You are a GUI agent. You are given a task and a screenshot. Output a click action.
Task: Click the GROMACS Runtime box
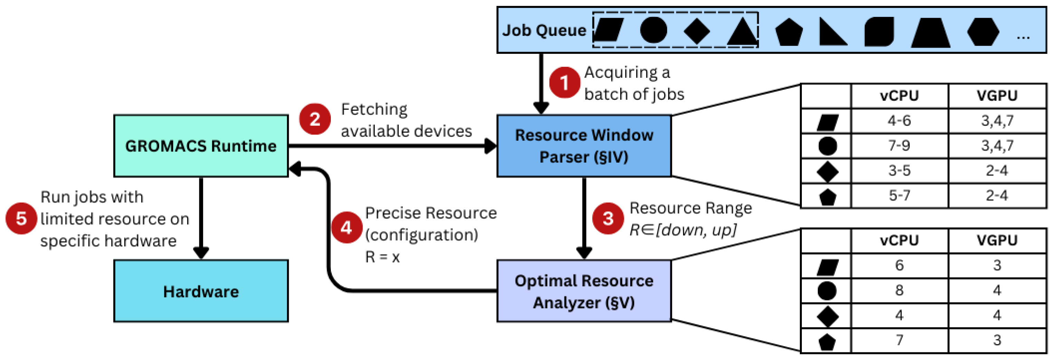(x=201, y=146)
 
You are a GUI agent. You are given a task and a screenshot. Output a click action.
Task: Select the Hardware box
(x=201, y=291)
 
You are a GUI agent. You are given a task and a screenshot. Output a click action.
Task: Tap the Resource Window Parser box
(x=584, y=146)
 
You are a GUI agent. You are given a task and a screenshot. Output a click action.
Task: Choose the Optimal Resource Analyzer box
(x=584, y=291)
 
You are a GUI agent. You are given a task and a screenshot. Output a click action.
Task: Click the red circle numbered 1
(x=564, y=83)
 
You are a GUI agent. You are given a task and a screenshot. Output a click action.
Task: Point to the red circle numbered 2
(x=315, y=119)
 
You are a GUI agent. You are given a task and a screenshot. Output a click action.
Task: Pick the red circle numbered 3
(x=608, y=218)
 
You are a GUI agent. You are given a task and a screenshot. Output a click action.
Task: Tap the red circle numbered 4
(x=346, y=227)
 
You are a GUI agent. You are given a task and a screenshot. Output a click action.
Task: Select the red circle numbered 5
(x=21, y=218)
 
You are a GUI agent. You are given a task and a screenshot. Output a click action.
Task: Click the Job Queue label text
(x=544, y=30)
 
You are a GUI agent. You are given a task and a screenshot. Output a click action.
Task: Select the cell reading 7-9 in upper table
(x=899, y=145)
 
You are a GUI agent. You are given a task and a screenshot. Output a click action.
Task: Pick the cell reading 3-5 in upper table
(x=899, y=171)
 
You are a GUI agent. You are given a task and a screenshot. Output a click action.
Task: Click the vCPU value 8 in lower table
(x=899, y=290)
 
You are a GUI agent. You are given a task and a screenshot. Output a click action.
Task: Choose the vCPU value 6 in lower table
(x=899, y=265)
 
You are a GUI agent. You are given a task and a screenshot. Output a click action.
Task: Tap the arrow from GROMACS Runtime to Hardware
(x=201, y=217)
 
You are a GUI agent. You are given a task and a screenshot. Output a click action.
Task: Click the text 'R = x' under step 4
(x=382, y=257)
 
